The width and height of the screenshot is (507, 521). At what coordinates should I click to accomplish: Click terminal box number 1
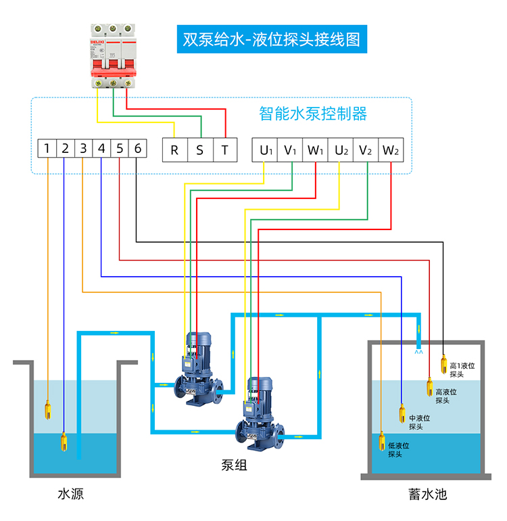point(47,149)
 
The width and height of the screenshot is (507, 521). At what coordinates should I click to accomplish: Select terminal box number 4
point(101,149)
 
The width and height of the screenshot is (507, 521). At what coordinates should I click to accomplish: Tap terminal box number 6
point(137,149)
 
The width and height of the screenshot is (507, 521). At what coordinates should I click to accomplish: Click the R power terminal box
point(174,150)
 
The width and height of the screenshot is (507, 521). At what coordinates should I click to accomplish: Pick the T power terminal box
point(225,150)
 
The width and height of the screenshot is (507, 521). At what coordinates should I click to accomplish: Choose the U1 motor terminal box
point(265,150)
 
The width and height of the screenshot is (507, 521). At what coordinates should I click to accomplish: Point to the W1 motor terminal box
point(316,150)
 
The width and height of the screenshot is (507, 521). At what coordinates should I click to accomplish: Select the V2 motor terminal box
point(366,150)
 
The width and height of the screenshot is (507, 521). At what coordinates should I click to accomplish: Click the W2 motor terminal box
point(391,150)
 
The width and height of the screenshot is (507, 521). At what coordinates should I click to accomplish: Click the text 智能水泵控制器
point(313,113)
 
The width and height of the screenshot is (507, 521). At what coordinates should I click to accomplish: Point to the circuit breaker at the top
point(113,55)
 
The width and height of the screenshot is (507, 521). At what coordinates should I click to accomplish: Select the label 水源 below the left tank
point(71,494)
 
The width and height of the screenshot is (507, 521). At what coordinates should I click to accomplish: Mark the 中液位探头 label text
point(419,422)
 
